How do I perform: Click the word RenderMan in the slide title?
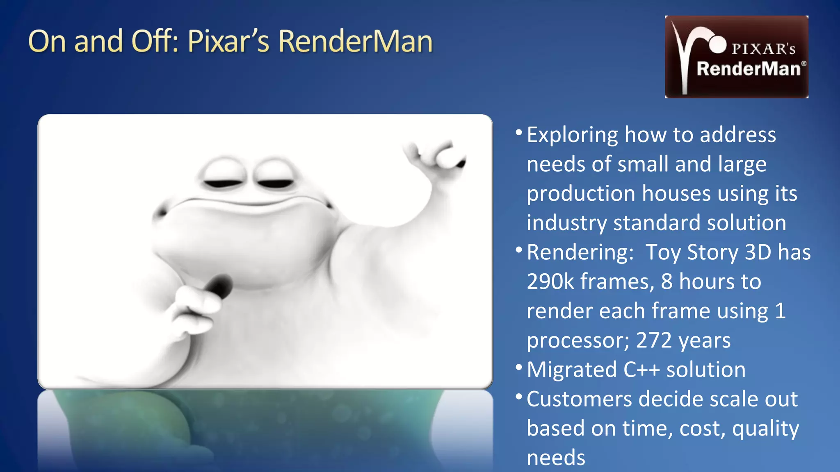click(355, 41)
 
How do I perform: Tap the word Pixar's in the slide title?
click(228, 41)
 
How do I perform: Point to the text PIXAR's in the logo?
click(763, 49)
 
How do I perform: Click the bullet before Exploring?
click(519, 132)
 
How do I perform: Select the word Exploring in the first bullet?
click(572, 135)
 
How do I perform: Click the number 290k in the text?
click(550, 282)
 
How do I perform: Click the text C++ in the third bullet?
click(641, 370)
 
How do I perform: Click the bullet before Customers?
click(519, 397)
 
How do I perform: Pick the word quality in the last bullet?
click(765, 429)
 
